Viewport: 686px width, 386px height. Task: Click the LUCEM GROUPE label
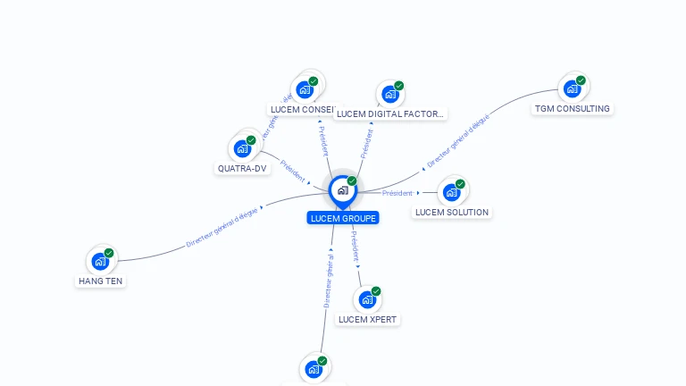click(343, 218)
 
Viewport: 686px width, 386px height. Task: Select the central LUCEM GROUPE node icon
click(342, 190)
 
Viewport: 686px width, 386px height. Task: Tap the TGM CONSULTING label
click(572, 109)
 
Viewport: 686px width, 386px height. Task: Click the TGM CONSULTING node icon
click(572, 88)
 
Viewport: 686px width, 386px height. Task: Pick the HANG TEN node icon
click(100, 262)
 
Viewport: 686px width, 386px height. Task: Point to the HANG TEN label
click(101, 281)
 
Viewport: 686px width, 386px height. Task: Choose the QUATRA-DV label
click(242, 168)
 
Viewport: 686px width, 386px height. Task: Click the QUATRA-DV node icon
click(242, 148)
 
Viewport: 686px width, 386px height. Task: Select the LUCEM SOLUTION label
click(452, 212)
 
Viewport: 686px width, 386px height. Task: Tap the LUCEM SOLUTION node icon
click(451, 192)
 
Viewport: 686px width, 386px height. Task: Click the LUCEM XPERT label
click(368, 319)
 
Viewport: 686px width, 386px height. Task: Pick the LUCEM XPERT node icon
click(367, 299)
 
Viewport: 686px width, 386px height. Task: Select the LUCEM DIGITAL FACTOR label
click(389, 113)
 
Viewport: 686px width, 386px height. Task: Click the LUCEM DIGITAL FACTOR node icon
click(390, 94)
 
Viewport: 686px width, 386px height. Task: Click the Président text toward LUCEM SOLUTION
click(397, 193)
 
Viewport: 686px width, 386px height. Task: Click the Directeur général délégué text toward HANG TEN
click(222, 227)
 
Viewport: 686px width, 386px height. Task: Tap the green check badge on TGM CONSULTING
click(581, 80)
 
